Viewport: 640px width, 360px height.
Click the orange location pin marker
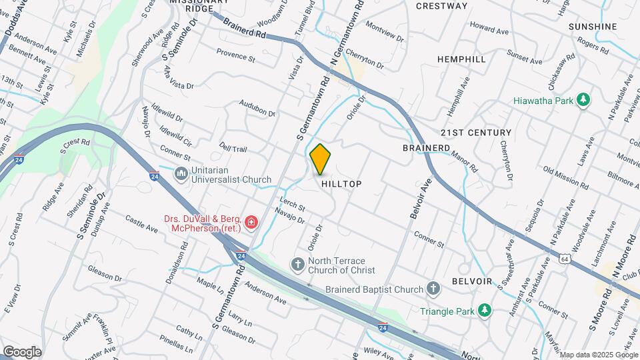[321, 159]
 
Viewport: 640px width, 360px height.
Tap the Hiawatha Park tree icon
[584, 99]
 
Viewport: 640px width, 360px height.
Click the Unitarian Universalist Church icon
[181, 174]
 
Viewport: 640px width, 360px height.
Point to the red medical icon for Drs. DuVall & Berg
[251, 222]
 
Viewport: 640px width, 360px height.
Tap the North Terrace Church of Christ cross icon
[298, 265]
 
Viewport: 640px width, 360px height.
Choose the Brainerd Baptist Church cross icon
[433, 289]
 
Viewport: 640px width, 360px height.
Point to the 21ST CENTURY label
[476, 133]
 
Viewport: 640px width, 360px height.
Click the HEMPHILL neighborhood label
[461, 59]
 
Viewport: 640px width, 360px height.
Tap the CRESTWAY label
[441, 6]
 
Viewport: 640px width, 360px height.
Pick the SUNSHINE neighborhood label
[593, 27]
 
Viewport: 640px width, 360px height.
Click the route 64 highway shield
[564, 258]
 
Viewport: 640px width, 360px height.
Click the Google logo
[22, 351]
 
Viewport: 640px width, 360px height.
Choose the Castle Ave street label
[141, 224]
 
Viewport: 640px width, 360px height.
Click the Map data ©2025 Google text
[597, 354]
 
